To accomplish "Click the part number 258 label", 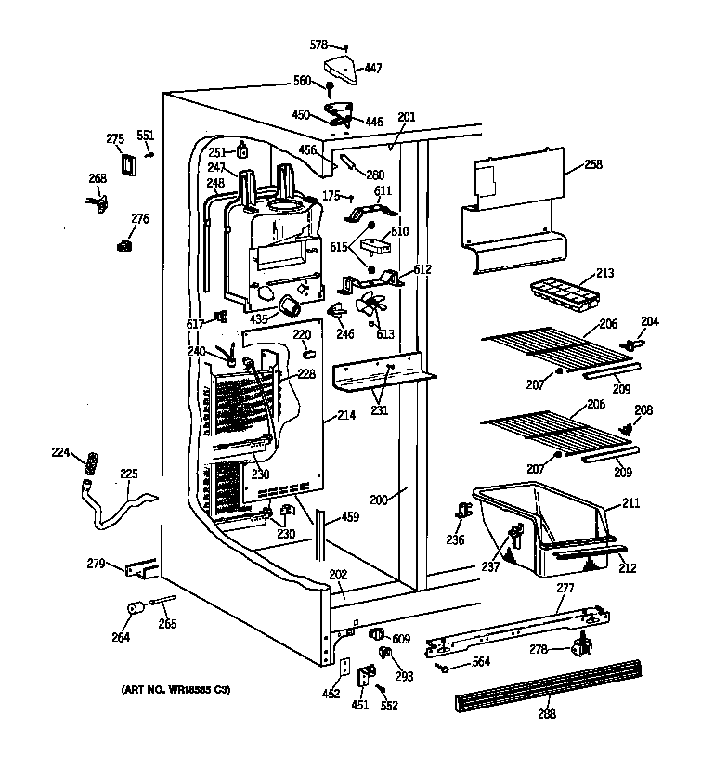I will tap(593, 165).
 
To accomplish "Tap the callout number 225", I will tap(128, 474).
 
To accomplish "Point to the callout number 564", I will tap(481, 662).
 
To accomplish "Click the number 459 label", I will tap(349, 517).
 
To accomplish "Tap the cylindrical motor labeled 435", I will tap(292, 305).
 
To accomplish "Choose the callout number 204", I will tap(649, 322).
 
